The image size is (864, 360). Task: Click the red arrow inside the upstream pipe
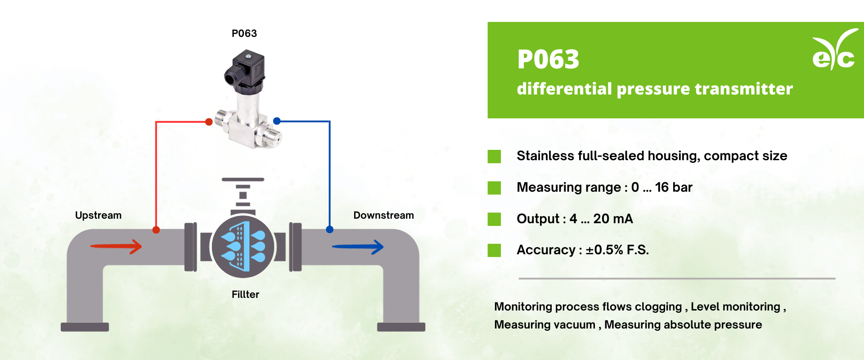116,246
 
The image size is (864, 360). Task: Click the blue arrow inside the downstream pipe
357,247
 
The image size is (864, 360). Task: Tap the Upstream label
98,215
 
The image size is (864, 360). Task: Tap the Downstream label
383,215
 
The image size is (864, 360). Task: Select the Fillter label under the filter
245,294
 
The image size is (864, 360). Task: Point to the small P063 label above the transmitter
244,33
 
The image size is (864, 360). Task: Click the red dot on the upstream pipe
156,230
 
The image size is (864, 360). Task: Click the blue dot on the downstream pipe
330,229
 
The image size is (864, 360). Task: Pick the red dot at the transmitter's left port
209,122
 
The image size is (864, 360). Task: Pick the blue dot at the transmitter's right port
277,121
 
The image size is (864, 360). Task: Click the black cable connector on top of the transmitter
245,70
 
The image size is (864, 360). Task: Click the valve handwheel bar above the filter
243,180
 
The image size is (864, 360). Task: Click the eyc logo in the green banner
834,51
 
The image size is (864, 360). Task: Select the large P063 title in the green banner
548,59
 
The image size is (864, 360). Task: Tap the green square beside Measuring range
494,188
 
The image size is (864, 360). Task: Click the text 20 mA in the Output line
613,219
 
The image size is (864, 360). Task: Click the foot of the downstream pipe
401,327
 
